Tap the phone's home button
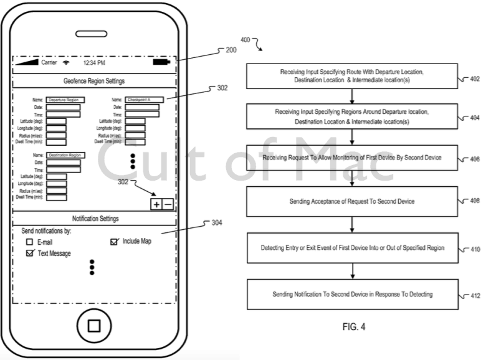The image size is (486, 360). click(x=94, y=326)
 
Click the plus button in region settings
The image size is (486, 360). click(x=156, y=204)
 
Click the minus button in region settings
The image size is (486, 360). click(x=168, y=204)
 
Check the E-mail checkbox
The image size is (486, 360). click(x=29, y=242)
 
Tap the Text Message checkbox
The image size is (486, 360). click(x=29, y=253)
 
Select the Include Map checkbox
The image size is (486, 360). click(x=114, y=241)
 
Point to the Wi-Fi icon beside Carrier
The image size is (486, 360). click(x=66, y=63)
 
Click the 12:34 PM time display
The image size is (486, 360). click(x=93, y=63)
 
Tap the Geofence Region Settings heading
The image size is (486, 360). click(x=94, y=81)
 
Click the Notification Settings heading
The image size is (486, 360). click(x=94, y=219)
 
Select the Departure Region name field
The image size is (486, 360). click(x=65, y=100)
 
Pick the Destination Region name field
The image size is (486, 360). click(x=65, y=155)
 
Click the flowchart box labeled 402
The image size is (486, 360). click(x=353, y=77)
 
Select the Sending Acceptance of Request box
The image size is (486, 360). click(x=353, y=202)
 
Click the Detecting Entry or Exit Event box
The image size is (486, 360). click(x=353, y=248)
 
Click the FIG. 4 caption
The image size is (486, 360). click(x=353, y=326)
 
